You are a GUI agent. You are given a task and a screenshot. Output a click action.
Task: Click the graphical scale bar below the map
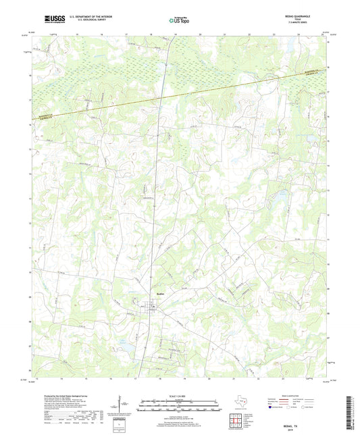click(179, 406)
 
